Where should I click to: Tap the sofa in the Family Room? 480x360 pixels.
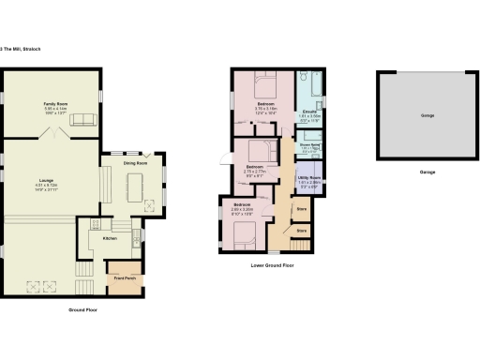82,118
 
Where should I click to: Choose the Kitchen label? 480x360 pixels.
110,238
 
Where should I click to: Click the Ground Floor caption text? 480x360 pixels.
83,309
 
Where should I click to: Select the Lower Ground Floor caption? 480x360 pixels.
273,266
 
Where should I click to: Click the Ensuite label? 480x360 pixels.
309,111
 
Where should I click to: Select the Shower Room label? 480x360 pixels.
309,144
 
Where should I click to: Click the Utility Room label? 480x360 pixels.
309,177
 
